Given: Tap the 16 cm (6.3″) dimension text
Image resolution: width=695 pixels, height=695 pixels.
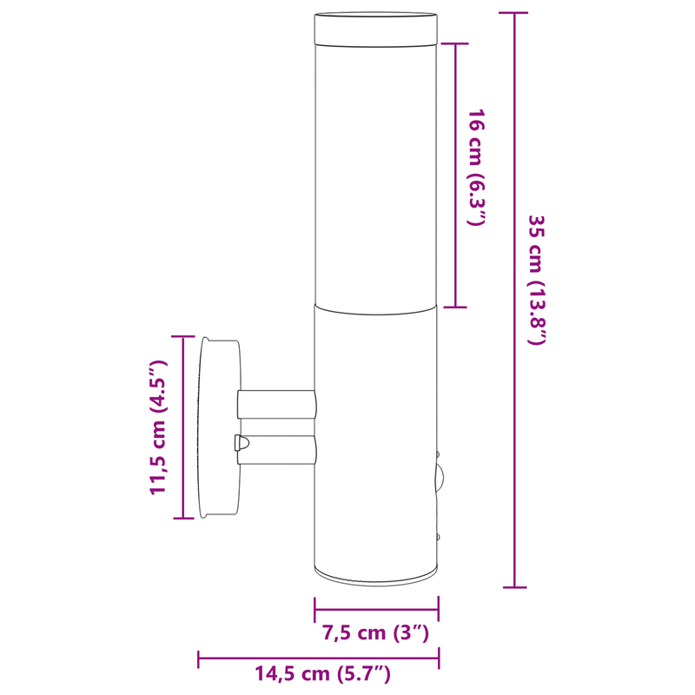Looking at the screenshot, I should coord(474,168).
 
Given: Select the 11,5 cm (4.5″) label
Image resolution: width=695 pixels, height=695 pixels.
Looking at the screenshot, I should coord(157,427).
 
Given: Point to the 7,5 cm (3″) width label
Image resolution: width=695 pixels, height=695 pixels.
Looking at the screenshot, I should coord(376,632).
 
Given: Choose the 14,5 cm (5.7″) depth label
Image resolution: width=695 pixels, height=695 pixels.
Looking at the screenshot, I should coord(322,672).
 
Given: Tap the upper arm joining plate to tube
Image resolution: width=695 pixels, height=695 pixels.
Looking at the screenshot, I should coord(276,403).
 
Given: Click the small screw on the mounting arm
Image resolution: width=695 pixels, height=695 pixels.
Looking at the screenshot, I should coord(240,443).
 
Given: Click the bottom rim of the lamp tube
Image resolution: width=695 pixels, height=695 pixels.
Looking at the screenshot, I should coord(376,574).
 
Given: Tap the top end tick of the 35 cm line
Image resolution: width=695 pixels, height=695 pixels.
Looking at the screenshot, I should coord(514,13).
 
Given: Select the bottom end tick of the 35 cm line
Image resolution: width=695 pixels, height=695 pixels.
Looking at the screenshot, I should coord(514,587).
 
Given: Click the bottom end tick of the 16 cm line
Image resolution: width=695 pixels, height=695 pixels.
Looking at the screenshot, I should coord(455,307).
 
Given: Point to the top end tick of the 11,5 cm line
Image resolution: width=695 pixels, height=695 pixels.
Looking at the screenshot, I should coord(183,336).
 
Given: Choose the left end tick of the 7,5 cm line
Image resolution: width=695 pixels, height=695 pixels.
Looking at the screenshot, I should coord(314,608).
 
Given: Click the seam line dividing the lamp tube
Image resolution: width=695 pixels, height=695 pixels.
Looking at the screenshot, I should coord(376,307).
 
